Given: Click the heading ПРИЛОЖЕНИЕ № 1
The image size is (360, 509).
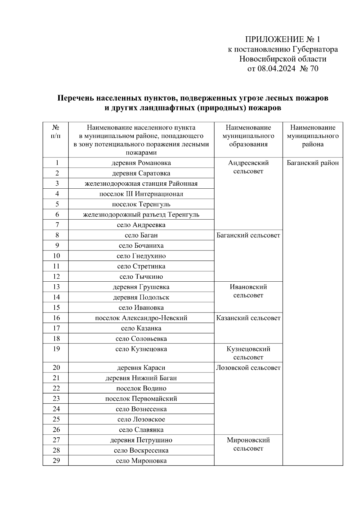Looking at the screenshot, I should [283, 40].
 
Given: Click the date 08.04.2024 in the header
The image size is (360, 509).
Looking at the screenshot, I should [276, 69].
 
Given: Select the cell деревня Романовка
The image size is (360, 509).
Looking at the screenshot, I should [141, 163].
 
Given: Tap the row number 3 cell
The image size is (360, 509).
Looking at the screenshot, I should [57, 183].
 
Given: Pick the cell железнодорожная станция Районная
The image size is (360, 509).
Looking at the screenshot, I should [141, 184].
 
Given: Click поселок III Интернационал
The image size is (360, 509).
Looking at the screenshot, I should [141, 194].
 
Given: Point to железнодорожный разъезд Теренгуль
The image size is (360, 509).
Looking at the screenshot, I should [141, 214].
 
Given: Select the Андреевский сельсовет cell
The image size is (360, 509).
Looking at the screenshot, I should [248, 167].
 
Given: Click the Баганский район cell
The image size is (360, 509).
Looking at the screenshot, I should [313, 163].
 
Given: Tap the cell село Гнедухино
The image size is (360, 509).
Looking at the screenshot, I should [141, 256].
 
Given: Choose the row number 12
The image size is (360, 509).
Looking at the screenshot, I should [56, 276].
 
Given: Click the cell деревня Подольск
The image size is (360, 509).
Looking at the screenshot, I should [141, 297].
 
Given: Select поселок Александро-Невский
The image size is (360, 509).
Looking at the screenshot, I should [141, 318].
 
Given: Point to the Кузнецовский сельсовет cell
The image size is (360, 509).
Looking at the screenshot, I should [248, 353].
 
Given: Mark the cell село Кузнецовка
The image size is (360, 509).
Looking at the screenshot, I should [141, 349].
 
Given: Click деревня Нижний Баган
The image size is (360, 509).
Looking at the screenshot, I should [141, 378].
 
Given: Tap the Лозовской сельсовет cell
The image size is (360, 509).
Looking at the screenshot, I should [248, 368].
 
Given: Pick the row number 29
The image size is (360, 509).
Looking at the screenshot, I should [56, 460].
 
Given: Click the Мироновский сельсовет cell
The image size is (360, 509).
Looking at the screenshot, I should [248, 444].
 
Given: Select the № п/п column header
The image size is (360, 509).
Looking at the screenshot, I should [56, 132].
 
